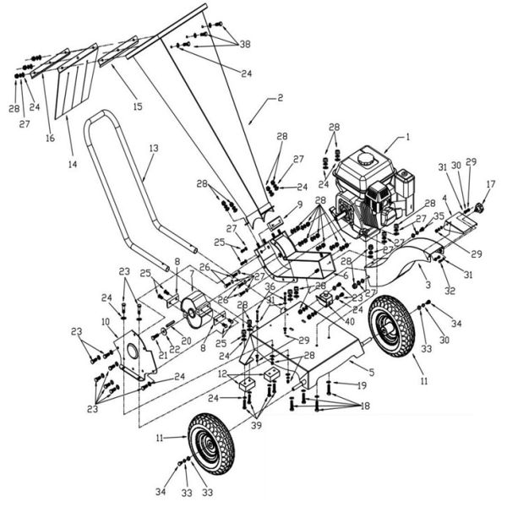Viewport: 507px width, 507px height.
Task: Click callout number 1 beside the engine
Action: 407,136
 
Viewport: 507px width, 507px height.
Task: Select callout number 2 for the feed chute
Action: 281,98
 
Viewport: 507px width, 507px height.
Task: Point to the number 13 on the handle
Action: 152,148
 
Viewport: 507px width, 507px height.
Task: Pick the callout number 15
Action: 138,106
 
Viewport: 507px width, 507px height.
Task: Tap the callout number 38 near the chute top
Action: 245,43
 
